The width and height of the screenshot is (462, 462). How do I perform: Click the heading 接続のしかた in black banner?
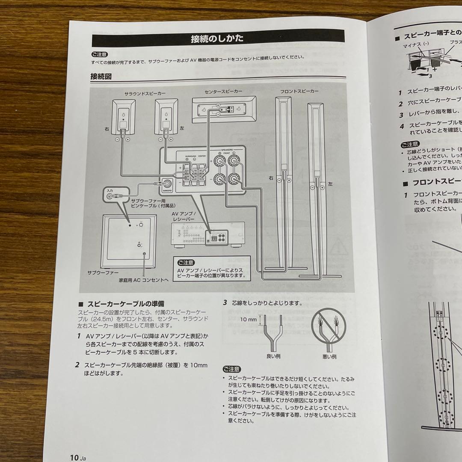point(217,39)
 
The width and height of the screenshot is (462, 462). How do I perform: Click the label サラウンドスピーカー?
point(145,92)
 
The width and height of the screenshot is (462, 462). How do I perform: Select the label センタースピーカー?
point(223,92)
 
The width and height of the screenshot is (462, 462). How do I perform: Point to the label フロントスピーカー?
point(299,92)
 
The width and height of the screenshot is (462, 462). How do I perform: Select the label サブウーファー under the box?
point(103,272)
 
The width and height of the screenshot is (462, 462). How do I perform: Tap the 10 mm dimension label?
point(248,320)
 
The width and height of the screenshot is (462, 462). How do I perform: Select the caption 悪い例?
point(329,356)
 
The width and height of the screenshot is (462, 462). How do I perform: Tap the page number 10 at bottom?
point(74,457)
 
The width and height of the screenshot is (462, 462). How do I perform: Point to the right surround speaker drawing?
point(123,116)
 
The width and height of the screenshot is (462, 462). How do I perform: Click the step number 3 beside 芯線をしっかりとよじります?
point(225,302)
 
